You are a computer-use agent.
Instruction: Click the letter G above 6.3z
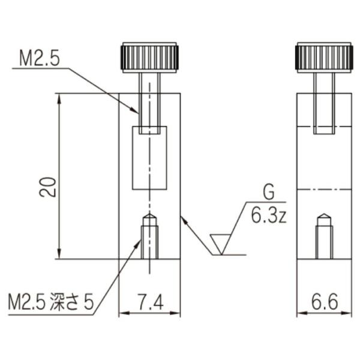click(268, 193)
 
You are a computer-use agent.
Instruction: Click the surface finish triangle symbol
click(221, 244)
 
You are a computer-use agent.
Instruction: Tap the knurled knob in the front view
click(149, 58)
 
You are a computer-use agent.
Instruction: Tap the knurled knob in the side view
click(324, 58)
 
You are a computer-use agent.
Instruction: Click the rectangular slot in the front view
click(149, 158)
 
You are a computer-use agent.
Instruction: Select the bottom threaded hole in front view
click(149, 240)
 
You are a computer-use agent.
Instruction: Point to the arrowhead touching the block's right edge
click(184, 220)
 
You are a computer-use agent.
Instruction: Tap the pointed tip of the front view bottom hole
click(149, 215)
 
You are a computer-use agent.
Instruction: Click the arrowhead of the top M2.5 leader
click(136, 110)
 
